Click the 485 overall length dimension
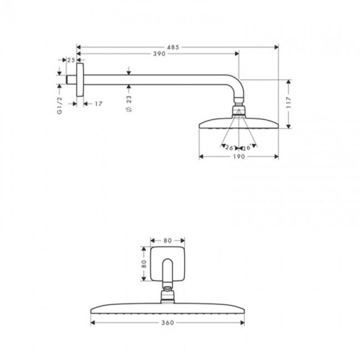pyautogui.click(x=174, y=47)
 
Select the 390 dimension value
pyautogui.click(x=159, y=54)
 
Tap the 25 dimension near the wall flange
pyautogui.click(x=71, y=59)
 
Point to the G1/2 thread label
pyautogui.click(x=59, y=105)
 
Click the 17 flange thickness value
pyautogui.click(x=99, y=104)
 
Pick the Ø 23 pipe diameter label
pyautogui.click(x=129, y=103)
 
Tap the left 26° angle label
pyautogui.click(x=229, y=148)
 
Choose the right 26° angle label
pyautogui.click(x=247, y=148)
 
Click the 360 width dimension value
pyautogui.click(x=167, y=323)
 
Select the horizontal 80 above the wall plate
pyautogui.click(x=167, y=240)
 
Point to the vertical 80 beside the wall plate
pyautogui.click(x=144, y=264)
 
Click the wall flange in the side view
pyautogui.click(x=80, y=80)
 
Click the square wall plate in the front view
pyautogui.click(x=167, y=264)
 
